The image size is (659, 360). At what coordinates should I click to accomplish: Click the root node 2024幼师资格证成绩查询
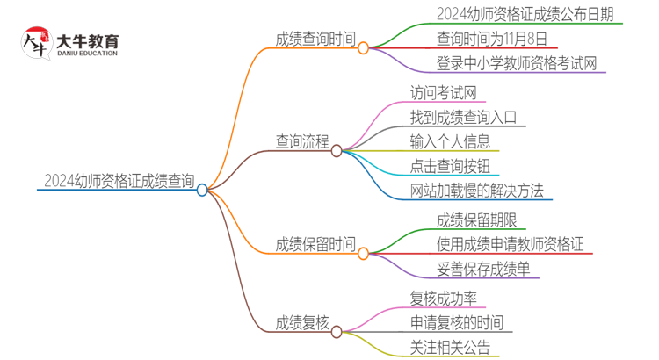click(119, 181)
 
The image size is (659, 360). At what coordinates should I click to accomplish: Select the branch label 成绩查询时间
click(315, 40)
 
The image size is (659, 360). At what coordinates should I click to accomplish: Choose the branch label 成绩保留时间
click(315, 243)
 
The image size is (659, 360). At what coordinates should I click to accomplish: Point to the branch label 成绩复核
click(301, 323)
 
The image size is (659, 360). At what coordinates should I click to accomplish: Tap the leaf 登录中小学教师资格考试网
click(517, 64)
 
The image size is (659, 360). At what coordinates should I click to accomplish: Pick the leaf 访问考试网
click(444, 92)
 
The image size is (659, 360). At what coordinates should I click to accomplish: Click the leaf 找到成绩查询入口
click(463, 117)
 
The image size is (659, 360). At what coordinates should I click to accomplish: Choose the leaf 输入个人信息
click(450, 141)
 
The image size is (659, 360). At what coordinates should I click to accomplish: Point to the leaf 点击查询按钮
click(450, 166)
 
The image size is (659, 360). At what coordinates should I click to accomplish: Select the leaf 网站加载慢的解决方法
click(477, 191)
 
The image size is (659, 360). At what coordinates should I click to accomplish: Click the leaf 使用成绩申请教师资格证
click(510, 244)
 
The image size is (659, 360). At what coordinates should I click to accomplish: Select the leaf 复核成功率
click(450, 298)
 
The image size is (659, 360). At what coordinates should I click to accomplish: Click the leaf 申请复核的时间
click(457, 322)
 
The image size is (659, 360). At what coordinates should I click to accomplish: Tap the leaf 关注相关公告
click(450, 347)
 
